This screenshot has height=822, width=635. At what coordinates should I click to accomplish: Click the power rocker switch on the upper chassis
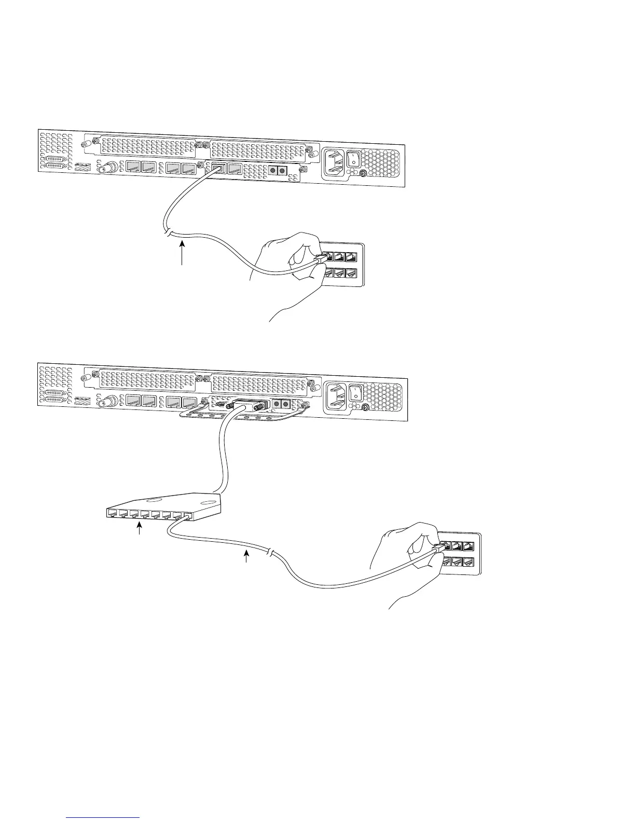tap(354, 159)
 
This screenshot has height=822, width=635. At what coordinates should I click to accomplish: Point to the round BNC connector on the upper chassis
tap(110, 168)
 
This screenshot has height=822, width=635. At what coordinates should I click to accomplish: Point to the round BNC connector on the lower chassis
tap(110, 402)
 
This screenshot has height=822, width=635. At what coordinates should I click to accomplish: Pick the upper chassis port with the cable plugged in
tap(219, 168)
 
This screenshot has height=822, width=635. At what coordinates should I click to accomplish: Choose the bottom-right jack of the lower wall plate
tap(468, 561)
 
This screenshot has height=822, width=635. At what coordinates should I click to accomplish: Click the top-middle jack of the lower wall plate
tap(457, 546)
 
